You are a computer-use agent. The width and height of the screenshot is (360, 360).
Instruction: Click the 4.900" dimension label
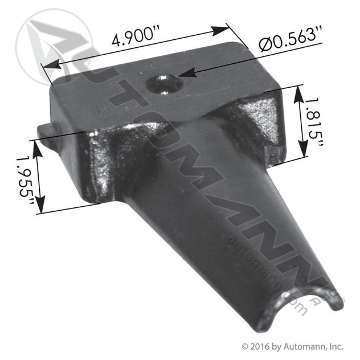tap(134, 39)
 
